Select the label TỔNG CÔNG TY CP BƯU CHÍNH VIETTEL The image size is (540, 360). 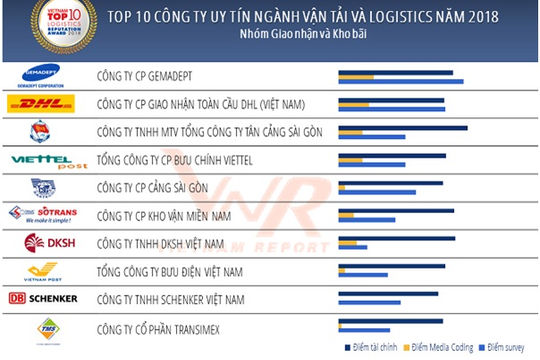(186, 159)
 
